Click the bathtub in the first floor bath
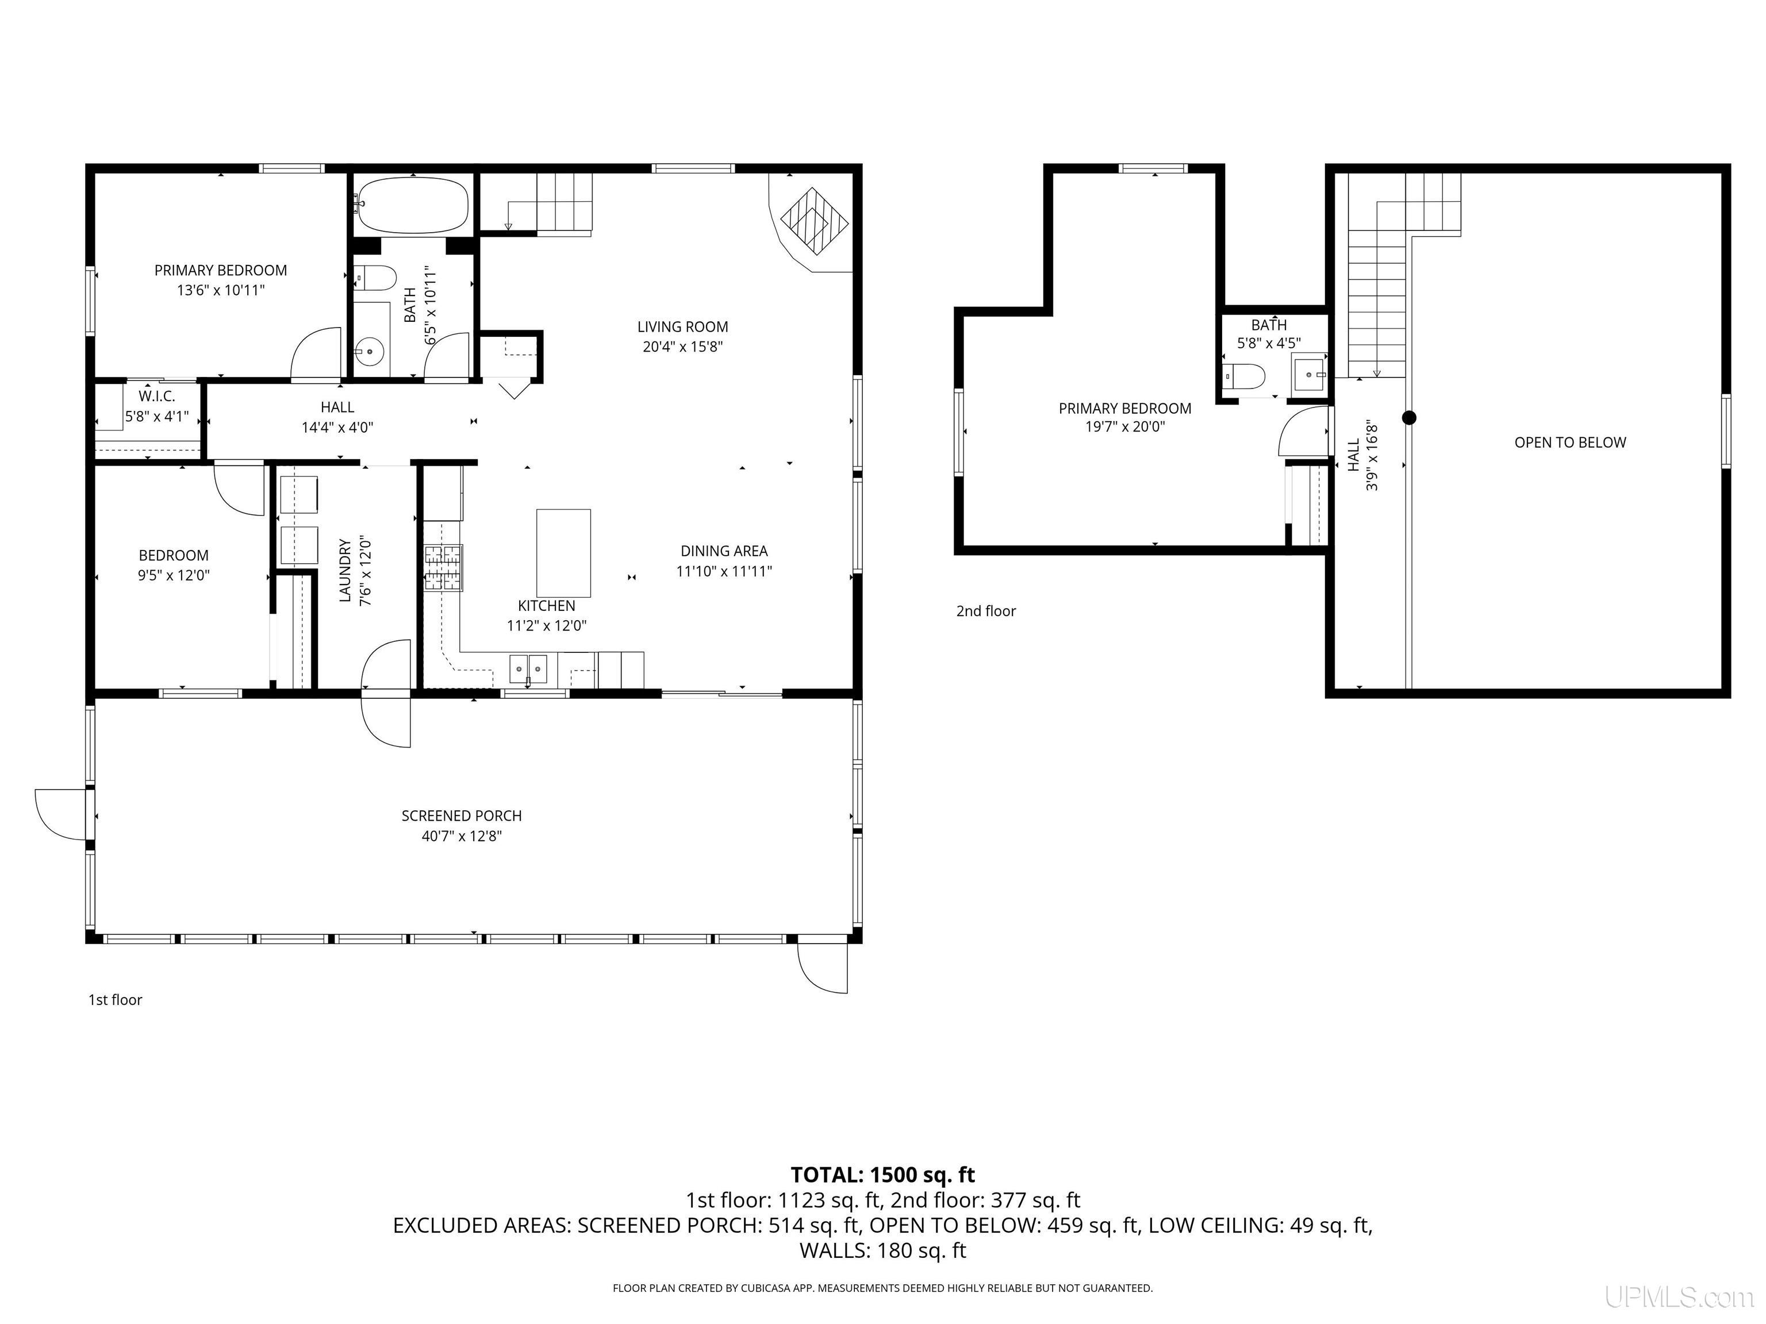(412, 205)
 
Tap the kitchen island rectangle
(563, 553)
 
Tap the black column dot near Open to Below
(1409, 417)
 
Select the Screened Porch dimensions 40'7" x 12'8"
(462, 836)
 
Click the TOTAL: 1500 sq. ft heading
(882, 1175)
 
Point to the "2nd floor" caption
(986, 611)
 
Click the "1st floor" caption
(115, 1000)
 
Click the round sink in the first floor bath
(370, 351)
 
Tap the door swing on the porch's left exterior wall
(61, 814)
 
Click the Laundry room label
(345, 571)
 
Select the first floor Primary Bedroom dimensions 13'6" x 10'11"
(220, 291)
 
